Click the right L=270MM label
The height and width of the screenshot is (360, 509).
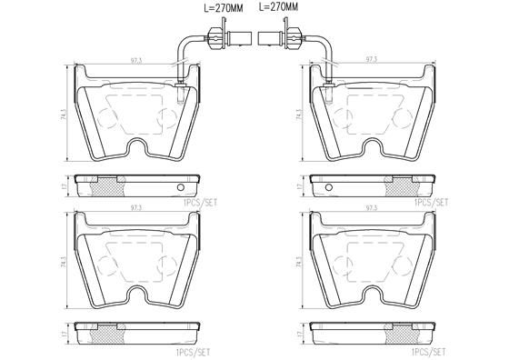(278, 7)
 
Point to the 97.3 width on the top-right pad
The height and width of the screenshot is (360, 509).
(371, 62)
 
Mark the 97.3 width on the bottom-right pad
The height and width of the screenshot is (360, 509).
(371, 208)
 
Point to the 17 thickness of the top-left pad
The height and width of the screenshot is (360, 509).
(60, 185)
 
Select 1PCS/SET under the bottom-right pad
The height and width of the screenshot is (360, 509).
(429, 350)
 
